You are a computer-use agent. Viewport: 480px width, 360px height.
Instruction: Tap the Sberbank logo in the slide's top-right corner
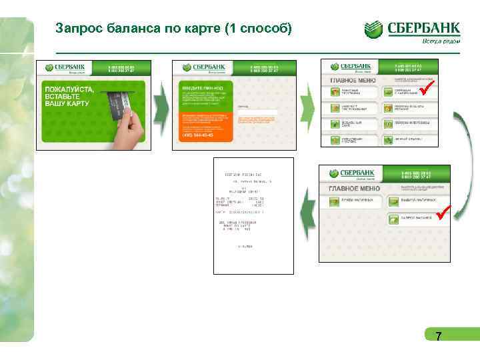(413, 30)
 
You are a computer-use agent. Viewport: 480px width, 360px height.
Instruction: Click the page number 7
(438, 337)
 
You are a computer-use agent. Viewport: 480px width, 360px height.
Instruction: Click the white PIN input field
(257, 112)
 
